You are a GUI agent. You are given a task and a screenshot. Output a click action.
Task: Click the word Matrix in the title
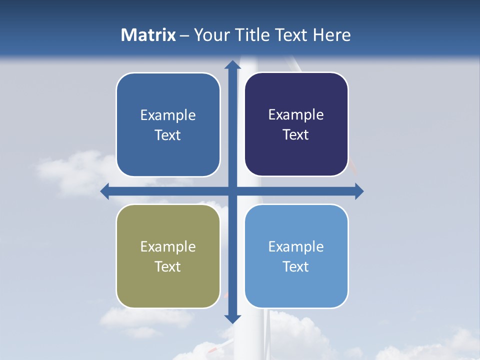point(148,35)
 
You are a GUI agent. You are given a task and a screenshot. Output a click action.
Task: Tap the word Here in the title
point(332,35)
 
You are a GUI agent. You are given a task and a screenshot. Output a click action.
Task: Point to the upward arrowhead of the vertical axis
point(232,65)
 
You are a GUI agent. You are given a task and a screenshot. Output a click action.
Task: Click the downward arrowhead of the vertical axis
point(232,318)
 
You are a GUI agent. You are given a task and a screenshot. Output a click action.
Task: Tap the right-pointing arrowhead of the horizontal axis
point(359,191)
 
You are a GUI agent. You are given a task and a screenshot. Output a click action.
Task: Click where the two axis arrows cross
point(232,191)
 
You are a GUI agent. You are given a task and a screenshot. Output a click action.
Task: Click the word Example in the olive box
point(168,246)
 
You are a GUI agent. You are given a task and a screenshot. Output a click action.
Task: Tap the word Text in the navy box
point(296,135)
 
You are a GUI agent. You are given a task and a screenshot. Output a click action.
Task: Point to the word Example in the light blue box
point(296,246)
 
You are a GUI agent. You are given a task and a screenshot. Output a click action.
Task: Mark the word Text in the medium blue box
point(168,135)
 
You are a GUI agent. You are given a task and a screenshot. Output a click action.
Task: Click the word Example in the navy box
point(296,115)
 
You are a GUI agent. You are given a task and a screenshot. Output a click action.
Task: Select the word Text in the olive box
point(168,266)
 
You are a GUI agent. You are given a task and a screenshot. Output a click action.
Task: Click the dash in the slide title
point(185,35)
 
